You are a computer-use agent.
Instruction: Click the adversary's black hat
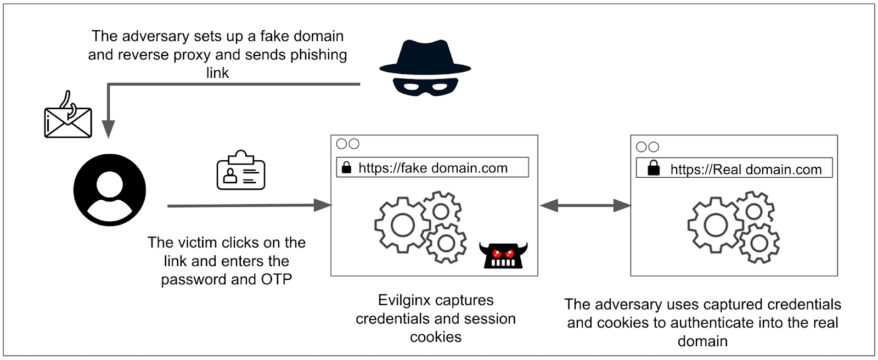click(x=425, y=58)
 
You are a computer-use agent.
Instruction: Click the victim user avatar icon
click(x=110, y=190)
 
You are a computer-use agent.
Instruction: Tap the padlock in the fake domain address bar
click(x=346, y=167)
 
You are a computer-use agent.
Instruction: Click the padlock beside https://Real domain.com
click(x=654, y=168)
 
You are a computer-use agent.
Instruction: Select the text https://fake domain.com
click(x=433, y=168)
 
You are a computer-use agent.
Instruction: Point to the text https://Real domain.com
click(x=746, y=170)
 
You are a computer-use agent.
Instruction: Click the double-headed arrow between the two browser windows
click(x=585, y=205)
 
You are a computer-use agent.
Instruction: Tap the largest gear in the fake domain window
click(x=402, y=225)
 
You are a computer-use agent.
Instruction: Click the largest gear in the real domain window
click(x=716, y=225)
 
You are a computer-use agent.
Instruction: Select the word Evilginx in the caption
click(x=405, y=300)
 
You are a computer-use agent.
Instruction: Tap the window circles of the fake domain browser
click(x=347, y=144)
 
